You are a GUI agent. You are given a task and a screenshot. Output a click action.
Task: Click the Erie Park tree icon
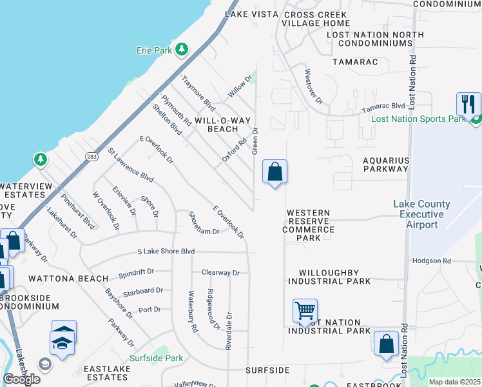click(x=182, y=49)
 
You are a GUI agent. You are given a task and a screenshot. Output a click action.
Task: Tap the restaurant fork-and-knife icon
click(x=468, y=104)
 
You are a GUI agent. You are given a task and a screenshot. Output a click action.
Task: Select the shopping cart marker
click(x=304, y=310)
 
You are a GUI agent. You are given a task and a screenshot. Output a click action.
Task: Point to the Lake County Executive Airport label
click(x=421, y=214)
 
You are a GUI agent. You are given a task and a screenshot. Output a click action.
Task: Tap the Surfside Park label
click(x=156, y=358)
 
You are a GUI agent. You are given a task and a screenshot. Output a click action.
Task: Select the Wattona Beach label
click(x=68, y=279)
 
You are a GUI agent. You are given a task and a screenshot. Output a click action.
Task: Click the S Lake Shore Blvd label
click(x=166, y=252)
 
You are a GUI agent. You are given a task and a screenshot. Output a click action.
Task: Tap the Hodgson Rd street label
click(x=432, y=261)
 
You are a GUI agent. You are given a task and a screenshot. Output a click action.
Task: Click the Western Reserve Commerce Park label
click(x=308, y=225)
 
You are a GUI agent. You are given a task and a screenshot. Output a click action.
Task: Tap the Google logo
click(x=21, y=379)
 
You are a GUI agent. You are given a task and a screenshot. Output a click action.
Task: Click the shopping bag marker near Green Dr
click(x=275, y=172)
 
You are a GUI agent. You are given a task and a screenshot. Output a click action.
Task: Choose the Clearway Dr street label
click(x=220, y=273)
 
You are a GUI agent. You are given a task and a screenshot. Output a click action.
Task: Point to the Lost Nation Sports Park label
click(x=418, y=119)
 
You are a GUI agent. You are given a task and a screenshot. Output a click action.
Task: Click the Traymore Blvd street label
click(x=198, y=93)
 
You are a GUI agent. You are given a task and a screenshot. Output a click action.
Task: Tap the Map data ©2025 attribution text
click(x=454, y=382)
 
